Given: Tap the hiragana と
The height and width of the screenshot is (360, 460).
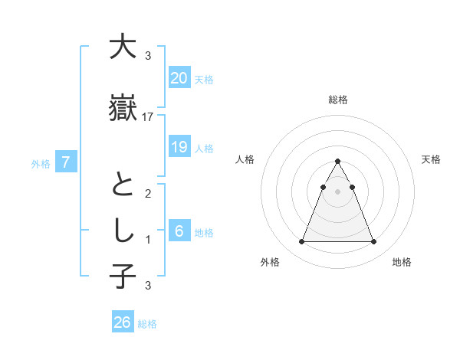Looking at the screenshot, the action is pyautogui.click(x=123, y=186).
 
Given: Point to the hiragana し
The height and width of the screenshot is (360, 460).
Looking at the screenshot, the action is pyautogui.click(x=123, y=231).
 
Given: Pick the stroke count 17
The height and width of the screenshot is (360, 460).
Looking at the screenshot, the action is pyautogui.click(x=148, y=117).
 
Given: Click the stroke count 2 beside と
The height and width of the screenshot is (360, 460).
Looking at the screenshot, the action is pyautogui.click(x=148, y=194).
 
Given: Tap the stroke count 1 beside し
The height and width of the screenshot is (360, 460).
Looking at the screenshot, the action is pyautogui.click(x=148, y=240).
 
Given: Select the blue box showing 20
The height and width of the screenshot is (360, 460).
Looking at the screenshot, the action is pyautogui.click(x=179, y=78).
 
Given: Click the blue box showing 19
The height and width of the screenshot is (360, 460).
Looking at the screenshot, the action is pyautogui.click(x=179, y=147).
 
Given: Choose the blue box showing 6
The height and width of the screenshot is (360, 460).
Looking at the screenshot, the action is pyautogui.click(x=179, y=231).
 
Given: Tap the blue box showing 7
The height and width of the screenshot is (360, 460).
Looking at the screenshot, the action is pyautogui.click(x=67, y=162).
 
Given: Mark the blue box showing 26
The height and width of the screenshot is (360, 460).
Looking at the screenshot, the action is pyautogui.click(x=123, y=322).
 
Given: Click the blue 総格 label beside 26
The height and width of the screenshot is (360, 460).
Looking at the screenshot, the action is pyautogui.click(x=147, y=324).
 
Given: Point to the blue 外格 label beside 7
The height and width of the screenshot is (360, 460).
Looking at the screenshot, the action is pyautogui.click(x=41, y=163).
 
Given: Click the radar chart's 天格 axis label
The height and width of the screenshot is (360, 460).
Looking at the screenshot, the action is pyautogui.click(x=431, y=159).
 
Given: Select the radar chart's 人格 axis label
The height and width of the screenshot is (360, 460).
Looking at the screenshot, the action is pyautogui.click(x=245, y=159).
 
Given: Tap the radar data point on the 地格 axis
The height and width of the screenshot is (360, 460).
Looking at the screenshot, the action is pyautogui.click(x=373, y=242).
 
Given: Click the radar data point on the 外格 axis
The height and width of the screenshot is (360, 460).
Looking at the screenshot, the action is pyautogui.click(x=301, y=242).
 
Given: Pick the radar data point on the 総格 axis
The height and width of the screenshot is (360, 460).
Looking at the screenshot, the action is pyautogui.click(x=337, y=161).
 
